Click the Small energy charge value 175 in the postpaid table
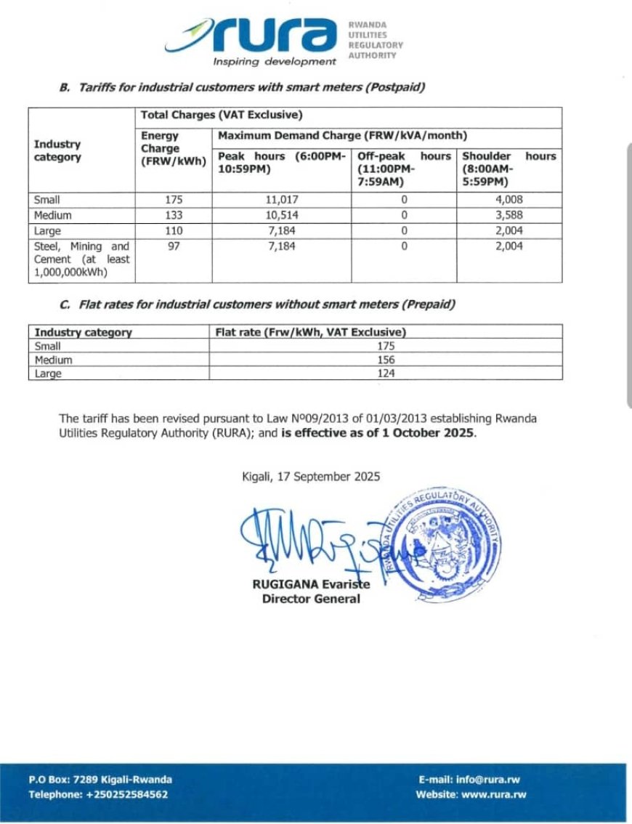174,200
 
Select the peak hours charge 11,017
282,200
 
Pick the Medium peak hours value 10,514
282,215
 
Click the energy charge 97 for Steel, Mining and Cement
174,246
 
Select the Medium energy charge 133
174,215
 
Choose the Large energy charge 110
174,231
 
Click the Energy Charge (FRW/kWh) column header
173,149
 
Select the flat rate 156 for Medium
386,360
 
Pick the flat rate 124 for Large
386,374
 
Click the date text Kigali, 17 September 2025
310,477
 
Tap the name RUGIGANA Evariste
311,585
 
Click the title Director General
311,599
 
